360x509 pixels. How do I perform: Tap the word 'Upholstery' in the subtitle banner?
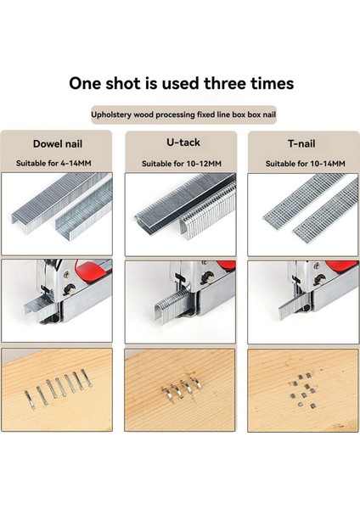(x=111, y=115)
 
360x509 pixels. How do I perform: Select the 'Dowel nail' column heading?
(x=58, y=144)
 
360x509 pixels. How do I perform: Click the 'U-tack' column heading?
(x=183, y=143)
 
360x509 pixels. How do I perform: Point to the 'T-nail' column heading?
(x=301, y=143)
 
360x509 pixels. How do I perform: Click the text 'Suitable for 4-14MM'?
(x=53, y=163)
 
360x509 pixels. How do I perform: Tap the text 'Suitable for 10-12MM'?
(x=182, y=164)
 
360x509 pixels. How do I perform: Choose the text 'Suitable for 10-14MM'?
(x=305, y=164)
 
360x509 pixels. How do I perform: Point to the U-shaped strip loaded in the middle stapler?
(x=172, y=307)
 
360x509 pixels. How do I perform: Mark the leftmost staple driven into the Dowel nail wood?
(x=30, y=400)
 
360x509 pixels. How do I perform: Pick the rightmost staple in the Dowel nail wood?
(x=87, y=378)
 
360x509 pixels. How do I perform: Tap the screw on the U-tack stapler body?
(x=207, y=278)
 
